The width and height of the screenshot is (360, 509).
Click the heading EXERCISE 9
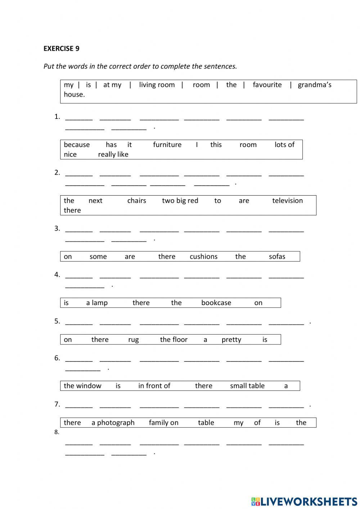61,49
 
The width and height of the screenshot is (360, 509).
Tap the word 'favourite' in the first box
267,85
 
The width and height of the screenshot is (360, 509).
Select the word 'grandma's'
314,85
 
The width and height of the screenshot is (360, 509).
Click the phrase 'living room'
157,85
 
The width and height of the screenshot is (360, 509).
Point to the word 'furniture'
167,145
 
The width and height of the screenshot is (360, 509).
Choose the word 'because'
77,145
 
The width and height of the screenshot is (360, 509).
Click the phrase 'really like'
113,155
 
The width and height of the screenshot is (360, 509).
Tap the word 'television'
287,201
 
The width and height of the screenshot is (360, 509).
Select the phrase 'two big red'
180,201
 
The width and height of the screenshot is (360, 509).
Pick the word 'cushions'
203,256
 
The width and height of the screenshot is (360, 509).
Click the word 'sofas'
277,256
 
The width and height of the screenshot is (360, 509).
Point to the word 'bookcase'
216,303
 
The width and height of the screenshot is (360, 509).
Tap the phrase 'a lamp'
97,303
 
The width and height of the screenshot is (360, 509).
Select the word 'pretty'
231,340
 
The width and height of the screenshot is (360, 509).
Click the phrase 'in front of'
154,386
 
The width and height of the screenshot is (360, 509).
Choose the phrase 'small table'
247,386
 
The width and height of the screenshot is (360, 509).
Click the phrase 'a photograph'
113,423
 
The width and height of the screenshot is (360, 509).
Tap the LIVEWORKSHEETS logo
304,501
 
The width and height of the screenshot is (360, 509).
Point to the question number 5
57,321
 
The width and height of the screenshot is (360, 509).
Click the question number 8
57,432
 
